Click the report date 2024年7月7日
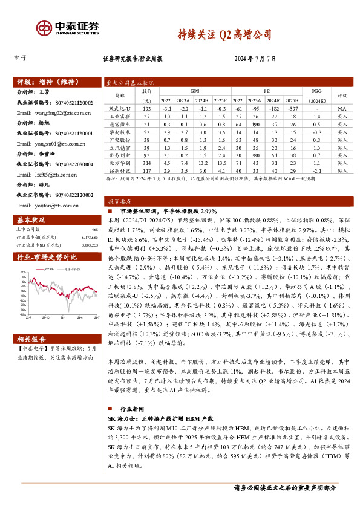255,59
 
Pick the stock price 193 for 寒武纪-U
146,108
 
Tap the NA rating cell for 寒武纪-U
342,108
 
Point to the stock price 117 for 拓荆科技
146,171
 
